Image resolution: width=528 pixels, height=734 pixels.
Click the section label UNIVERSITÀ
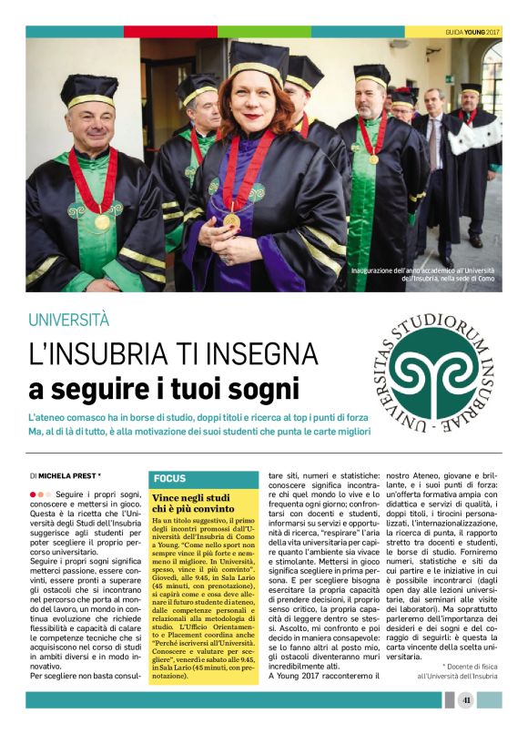click(68, 321)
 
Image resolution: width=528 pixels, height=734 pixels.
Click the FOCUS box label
click(170, 478)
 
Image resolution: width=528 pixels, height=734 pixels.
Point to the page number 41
click(466, 700)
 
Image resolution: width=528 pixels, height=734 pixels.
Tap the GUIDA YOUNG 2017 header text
click(472, 32)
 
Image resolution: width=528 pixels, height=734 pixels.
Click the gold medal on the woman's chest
click(232, 219)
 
